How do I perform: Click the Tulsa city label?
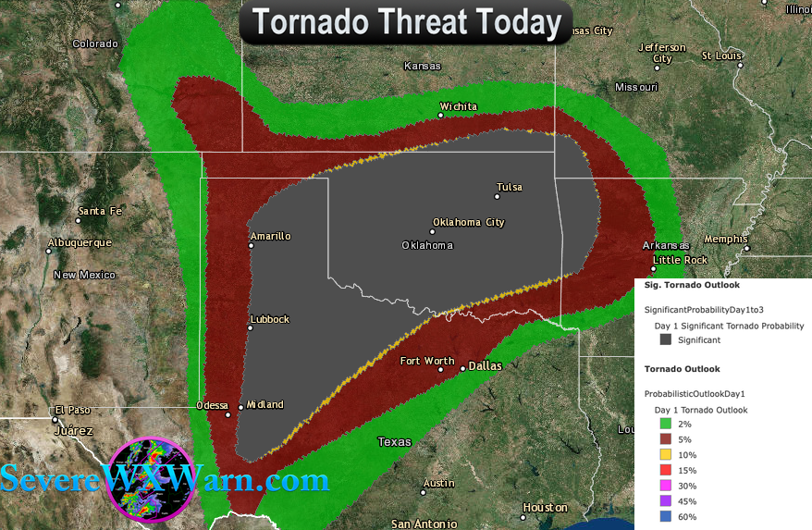click(510, 187)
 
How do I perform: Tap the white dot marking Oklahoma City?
click(432, 231)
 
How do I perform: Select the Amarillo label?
click(270, 236)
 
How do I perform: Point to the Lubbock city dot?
click(251, 328)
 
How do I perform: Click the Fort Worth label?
click(427, 361)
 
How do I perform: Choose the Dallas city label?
click(485, 365)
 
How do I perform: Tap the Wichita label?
click(459, 106)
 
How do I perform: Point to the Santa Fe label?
click(100, 211)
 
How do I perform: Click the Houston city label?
click(545, 507)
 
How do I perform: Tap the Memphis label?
click(725, 239)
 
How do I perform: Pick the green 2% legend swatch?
click(666, 424)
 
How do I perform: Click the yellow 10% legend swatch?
click(666, 455)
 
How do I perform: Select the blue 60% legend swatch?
click(666, 517)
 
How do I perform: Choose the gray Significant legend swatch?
click(666, 339)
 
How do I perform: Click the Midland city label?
click(265, 404)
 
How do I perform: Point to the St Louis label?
click(722, 55)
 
